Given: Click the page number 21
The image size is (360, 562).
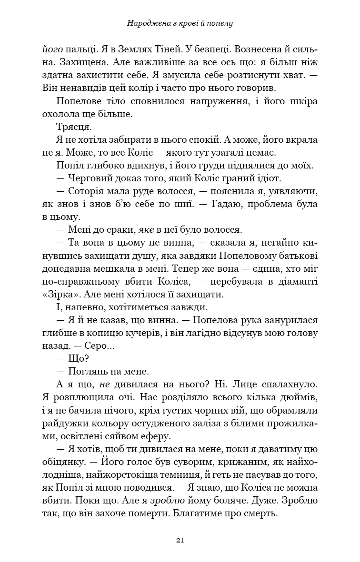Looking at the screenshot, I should (180, 540).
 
